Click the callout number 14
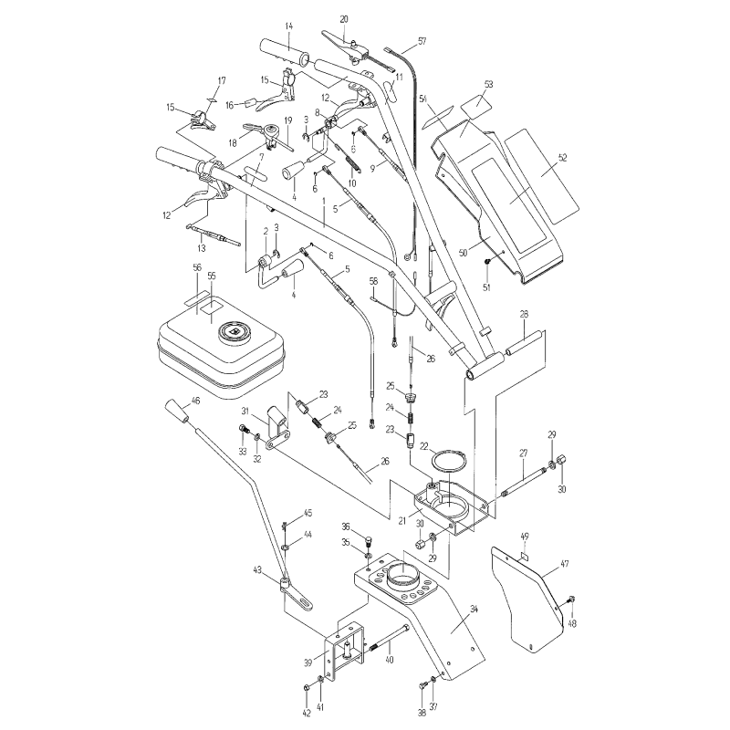click(288, 25)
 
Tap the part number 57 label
click(422, 42)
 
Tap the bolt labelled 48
click(571, 600)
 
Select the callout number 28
click(524, 314)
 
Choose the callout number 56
click(196, 267)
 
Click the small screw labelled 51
click(489, 263)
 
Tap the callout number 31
click(245, 412)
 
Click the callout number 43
click(258, 570)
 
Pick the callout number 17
click(220, 80)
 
